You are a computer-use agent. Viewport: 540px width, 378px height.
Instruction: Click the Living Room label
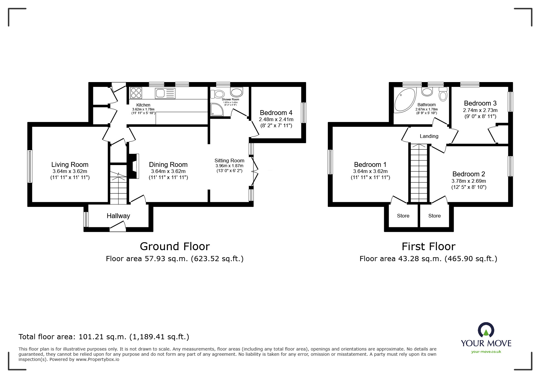[70, 165]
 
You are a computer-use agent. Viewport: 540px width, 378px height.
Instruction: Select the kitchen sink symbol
[165, 93]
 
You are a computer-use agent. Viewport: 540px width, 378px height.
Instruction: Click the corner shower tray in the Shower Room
[217, 110]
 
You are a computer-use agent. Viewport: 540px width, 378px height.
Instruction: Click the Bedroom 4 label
[276, 113]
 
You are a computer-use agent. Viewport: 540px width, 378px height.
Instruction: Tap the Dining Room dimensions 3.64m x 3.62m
[168, 171]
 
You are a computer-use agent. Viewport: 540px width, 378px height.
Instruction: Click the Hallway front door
[118, 226]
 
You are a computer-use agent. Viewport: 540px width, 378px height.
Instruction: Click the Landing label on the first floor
[429, 136]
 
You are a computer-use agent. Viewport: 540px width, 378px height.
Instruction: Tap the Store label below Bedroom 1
[403, 216]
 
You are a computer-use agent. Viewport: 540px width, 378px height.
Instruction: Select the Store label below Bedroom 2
[434, 216]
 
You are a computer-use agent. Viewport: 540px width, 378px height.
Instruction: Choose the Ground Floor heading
[175, 246]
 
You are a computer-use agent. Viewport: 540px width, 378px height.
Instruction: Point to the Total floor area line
[104, 337]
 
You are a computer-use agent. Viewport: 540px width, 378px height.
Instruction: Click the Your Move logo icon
[486, 330]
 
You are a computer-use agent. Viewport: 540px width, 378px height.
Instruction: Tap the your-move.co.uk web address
[486, 352]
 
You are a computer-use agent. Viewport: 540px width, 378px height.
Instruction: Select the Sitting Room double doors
[254, 172]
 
